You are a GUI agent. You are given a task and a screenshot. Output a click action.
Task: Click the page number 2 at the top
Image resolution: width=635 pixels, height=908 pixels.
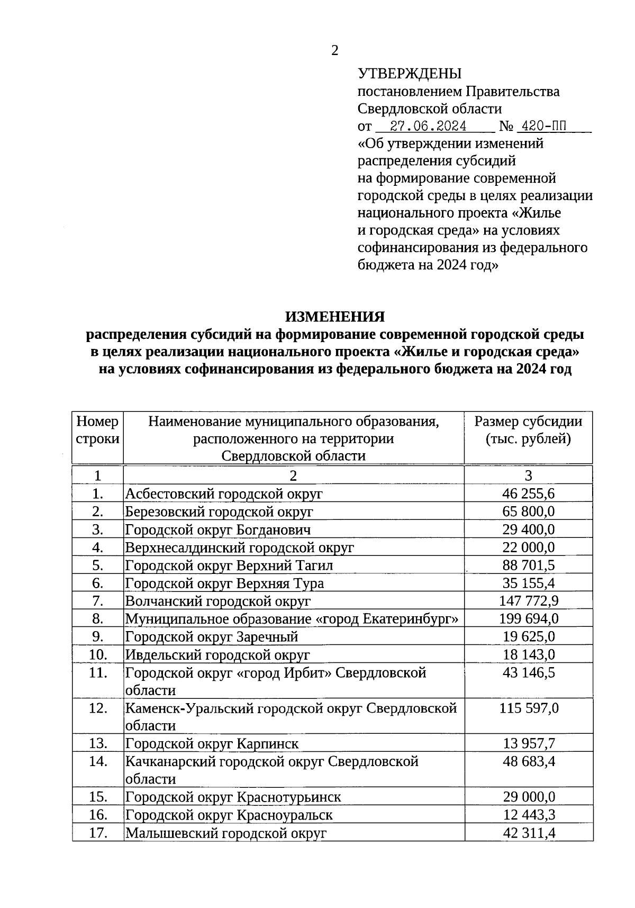tap(334, 50)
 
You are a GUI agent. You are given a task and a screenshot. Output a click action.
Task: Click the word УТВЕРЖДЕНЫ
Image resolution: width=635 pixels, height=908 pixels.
tap(410, 74)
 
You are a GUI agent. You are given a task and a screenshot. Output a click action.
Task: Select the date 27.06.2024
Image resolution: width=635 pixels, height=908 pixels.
tap(428, 126)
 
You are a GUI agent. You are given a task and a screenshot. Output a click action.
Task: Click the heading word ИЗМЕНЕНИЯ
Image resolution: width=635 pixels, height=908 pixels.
tap(335, 317)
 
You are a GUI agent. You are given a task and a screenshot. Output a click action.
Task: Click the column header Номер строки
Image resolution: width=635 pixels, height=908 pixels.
tap(97, 430)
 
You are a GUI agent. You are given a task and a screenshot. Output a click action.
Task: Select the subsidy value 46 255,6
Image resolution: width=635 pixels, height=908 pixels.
tap(528, 494)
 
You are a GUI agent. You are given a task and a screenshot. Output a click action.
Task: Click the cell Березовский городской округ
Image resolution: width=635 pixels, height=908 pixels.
tap(219, 512)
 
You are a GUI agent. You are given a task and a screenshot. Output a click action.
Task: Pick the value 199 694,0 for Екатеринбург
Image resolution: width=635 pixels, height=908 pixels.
tap(528, 619)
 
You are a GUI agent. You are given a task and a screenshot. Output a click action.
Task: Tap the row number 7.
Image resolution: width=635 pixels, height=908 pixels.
tap(97, 601)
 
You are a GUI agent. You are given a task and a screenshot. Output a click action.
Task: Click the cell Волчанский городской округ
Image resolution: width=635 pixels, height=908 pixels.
tap(217, 601)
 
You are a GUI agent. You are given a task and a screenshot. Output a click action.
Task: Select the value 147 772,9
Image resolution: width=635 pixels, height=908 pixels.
tap(528, 601)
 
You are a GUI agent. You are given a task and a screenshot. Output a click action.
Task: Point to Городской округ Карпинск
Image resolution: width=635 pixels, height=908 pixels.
tap(212, 744)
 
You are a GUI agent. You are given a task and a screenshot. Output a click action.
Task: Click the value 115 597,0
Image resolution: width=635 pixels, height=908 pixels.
tap(528, 708)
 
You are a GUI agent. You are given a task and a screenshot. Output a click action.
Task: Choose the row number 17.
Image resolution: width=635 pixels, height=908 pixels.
tap(97, 833)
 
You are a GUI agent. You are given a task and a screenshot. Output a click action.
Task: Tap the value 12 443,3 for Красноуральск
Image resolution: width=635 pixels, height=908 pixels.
tap(528, 815)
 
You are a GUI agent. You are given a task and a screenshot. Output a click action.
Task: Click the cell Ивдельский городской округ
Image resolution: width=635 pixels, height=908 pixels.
tap(217, 655)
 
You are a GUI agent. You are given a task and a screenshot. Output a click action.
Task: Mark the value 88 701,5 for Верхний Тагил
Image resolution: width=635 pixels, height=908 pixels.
tap(528, 565)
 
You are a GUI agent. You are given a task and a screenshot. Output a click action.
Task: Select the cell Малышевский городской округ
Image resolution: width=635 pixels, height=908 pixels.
tap(225, 833)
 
